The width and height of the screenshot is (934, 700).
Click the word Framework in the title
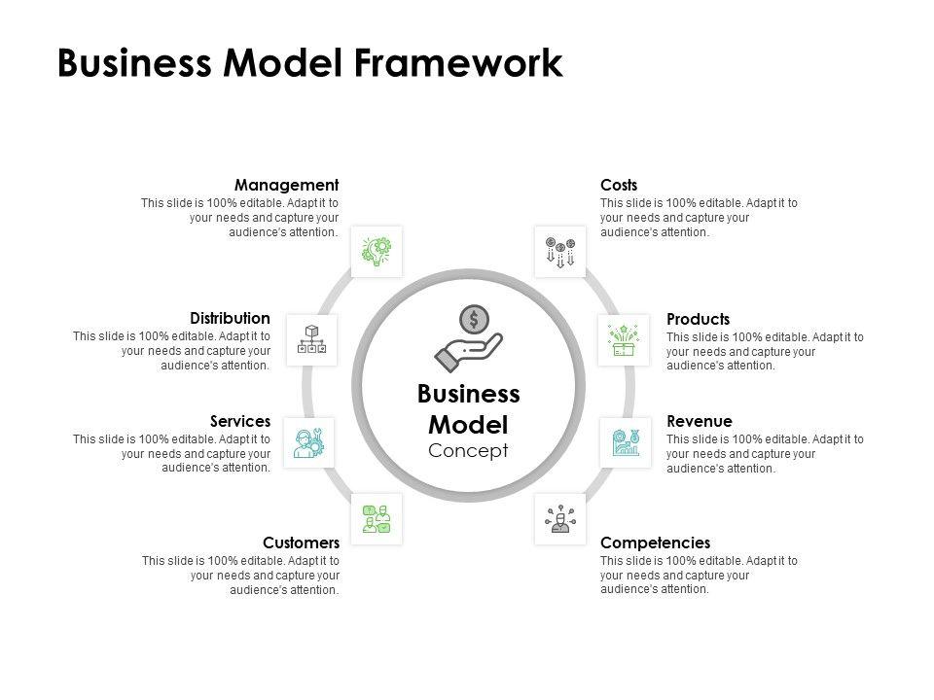458,62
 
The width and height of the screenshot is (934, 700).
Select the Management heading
286,185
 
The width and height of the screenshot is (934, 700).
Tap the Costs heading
619,185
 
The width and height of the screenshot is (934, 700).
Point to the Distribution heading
230,318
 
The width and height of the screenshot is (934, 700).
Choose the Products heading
699,319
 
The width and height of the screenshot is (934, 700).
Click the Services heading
240,421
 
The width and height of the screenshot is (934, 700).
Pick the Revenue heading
700,421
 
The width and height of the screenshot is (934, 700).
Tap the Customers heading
301,542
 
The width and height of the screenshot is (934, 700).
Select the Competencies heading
655,542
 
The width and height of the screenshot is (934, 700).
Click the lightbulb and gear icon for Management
377,251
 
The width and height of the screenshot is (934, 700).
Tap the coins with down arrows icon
560,252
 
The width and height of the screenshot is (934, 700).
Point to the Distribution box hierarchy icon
311,340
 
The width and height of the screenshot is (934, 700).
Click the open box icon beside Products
624,340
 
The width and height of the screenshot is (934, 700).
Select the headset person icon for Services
309,443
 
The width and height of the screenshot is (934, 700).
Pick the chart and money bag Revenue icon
626,442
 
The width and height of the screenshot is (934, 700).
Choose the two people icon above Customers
377,519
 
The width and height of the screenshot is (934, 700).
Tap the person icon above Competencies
560,518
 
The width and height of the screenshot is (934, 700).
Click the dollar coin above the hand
474,320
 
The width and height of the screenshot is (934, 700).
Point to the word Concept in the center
468,450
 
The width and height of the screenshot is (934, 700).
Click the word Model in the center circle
468,425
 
